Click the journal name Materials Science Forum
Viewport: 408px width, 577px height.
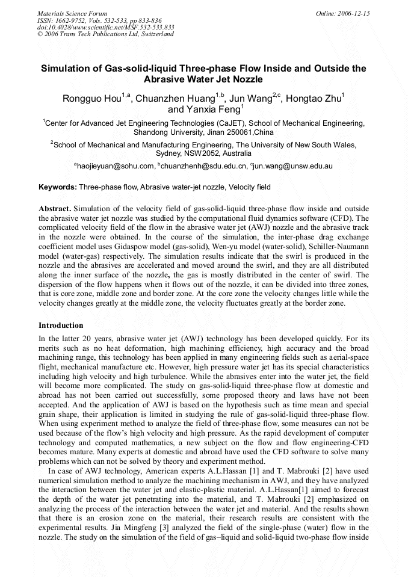[x=72, y=13]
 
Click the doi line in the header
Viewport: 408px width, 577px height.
[x=105, y=27]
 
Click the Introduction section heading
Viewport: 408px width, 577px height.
[x=61, y=326]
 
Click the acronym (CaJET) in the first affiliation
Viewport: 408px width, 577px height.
[x=229, y=123]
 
